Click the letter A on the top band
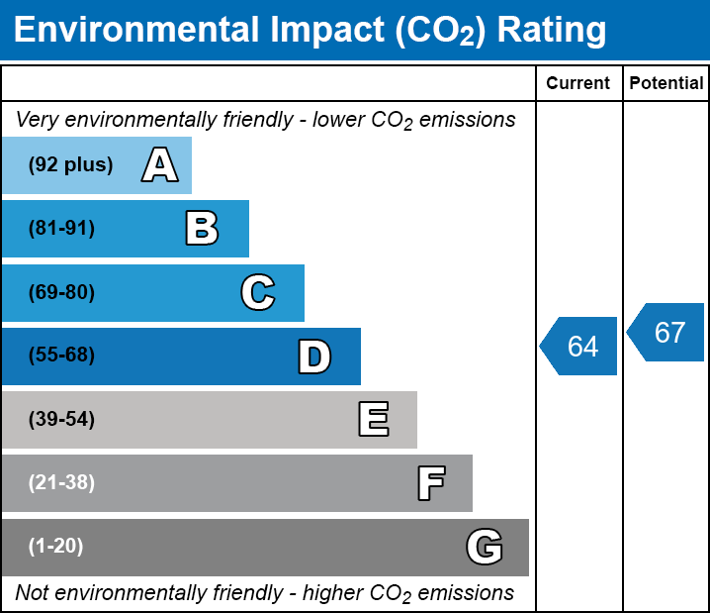point(159,165)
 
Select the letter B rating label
point(202,229)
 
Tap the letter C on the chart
point(257,292)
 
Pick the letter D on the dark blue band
point(314,357)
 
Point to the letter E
point(373,420)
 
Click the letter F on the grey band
point(430,483)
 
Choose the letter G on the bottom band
point(485,547)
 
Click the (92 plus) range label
point(70,165)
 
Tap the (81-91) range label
point(61,229)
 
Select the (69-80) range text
point(61,292)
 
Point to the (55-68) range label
point(61,356)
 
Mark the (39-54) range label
point(61,420)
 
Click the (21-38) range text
point(61,483)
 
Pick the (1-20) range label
point(56,547)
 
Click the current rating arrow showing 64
point(580,347)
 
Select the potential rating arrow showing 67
point(667,333)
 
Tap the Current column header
point(578,84)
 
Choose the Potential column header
point(666,84)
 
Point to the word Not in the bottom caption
point(32,593)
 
